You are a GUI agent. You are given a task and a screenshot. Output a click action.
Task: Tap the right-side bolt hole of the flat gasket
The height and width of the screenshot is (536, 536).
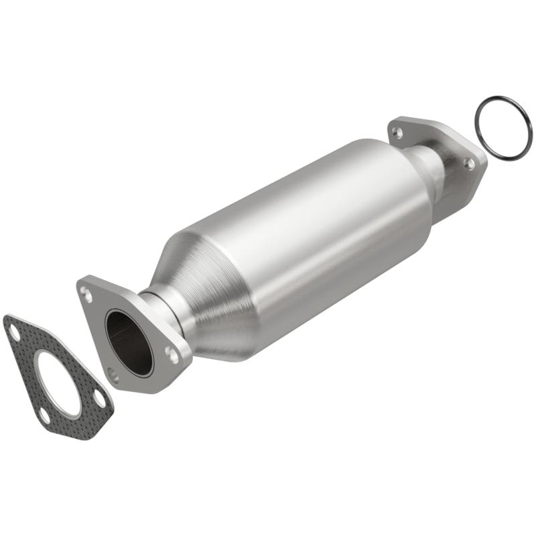coord(99,400)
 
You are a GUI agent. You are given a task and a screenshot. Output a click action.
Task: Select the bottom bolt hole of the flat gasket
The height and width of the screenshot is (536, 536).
coord(44,415)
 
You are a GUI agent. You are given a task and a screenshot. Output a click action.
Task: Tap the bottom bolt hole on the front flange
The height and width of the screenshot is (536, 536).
coord(114,377)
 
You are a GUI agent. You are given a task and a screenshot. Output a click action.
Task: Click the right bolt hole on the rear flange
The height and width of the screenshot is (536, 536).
coord(471,163)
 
